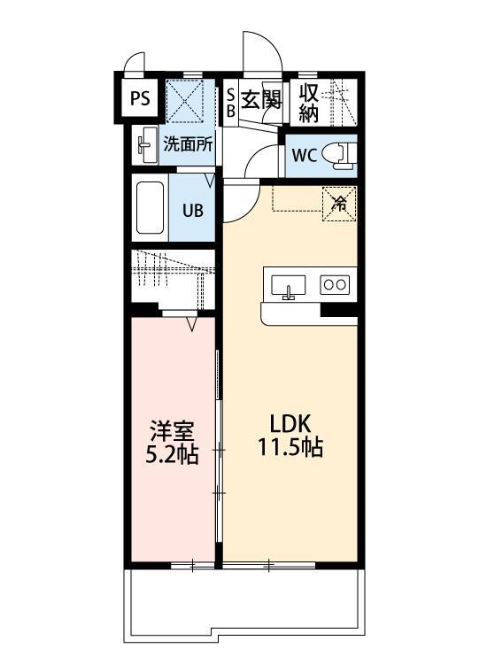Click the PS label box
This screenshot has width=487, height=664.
(x=140, y=98)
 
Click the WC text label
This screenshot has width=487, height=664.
(x=304, y=156)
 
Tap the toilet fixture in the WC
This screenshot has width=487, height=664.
(x=338, y=154)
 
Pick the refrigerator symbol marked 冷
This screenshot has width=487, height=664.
(x=339, y=201)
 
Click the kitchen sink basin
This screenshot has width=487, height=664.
(x=287, y=285)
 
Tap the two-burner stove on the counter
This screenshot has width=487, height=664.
(x=335, y=284)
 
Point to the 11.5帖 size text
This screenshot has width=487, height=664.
(x=290, y=447)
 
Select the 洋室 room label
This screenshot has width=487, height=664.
(x=171, y=432)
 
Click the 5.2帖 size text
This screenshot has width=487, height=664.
(x=171, y=455)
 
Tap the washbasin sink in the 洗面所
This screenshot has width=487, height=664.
(x=145, y=145)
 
